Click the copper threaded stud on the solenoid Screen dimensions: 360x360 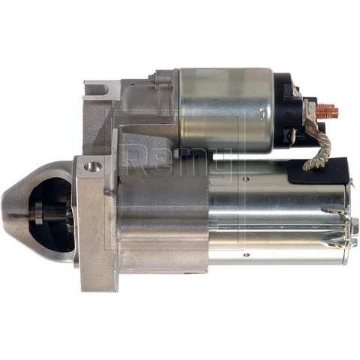(x=327, y=111)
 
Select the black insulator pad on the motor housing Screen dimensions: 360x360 (x=318, y=171)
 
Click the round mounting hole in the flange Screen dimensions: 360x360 (x=93, y=166)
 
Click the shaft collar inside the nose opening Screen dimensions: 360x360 (x=38, y=213)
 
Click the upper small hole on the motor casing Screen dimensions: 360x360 (x=247, y=178)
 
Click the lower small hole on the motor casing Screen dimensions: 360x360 (x=247, y=255)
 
